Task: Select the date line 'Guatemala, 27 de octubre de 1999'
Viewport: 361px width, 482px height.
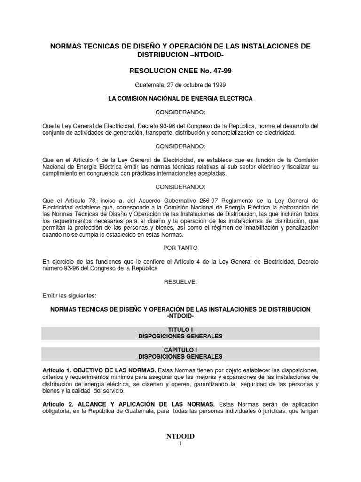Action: (x=180, y=85)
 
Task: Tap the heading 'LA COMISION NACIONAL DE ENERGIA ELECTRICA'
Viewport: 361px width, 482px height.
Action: (x=180, y=99)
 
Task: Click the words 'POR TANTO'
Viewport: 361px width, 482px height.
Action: (x=180, y=246)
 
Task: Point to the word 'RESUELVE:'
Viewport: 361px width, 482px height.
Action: (x=180, y=281)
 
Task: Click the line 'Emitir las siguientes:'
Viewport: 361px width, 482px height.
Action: (x=69, y=296)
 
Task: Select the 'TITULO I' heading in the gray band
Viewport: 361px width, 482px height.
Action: (x=180, y=329)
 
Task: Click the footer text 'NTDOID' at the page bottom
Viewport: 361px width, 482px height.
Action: (x=180, y=437)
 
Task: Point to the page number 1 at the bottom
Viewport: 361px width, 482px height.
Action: (x=180, y=445)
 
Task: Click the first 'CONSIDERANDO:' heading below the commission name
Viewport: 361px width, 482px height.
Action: (x=180, y=113)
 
